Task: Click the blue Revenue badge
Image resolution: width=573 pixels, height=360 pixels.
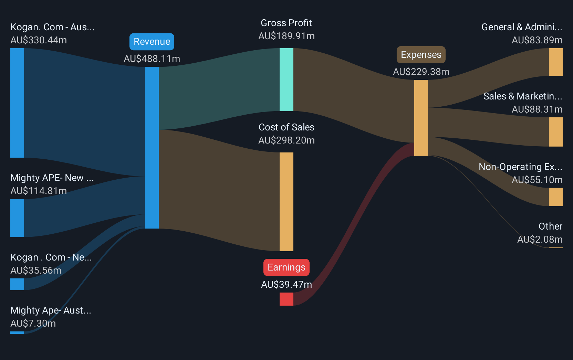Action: coord(152,42)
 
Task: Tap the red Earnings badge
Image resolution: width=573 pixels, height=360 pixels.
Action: coord(286,267)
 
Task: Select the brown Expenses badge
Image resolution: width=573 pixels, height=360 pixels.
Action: coord(421,55)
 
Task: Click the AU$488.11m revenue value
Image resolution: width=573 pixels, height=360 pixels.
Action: coord(152,59)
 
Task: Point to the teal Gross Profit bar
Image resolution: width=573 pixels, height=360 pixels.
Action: coord(286,80)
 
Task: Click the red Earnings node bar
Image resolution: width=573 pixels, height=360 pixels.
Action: coord(286,299)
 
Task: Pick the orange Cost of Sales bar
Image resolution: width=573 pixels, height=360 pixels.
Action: coord(286,202)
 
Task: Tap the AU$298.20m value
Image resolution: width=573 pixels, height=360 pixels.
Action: coord(286,140)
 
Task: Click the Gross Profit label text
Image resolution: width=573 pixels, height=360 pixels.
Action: coord(286,23)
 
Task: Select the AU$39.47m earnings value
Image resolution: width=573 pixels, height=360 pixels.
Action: coord(286,285)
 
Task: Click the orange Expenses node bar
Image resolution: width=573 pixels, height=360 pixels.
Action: coord(421,118)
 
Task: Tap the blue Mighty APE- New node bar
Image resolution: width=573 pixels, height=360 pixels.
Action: coord(17,218)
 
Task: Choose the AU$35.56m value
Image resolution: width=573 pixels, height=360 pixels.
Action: coord(36,271)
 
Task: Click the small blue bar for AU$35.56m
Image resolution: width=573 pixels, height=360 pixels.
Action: coord(17,284)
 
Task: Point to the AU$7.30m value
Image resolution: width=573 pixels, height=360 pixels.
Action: coord(33,324)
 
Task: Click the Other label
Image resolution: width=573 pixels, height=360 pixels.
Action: coord(551,226)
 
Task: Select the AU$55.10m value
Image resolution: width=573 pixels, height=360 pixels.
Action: coord(537,180)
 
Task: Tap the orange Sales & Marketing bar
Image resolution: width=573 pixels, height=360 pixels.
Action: coord(555,132)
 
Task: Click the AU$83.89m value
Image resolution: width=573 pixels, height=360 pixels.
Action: coord(537,40)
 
